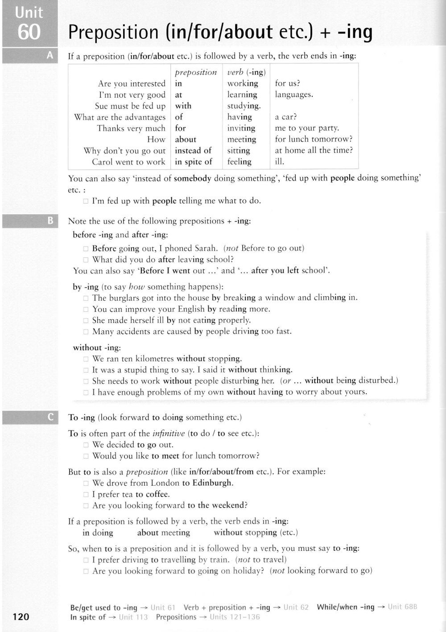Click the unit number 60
tap(29, 32)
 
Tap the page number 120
tap(21, 616)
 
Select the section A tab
tap(50, 56)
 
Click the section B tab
tap(50, 220)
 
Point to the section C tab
tap(50, 417)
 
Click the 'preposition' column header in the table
tap(196, 72)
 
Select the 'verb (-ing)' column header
tap(246, 72)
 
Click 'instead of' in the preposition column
tap(193, 150)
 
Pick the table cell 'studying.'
tap(244, 106)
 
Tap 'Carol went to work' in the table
tap(128, 162)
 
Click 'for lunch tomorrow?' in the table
tap(314, 139)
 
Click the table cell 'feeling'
tap(239, 162)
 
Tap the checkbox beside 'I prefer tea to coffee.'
tap(86, 495)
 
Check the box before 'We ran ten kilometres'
tap(86, 359)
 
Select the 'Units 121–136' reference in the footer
tap(234, 617)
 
